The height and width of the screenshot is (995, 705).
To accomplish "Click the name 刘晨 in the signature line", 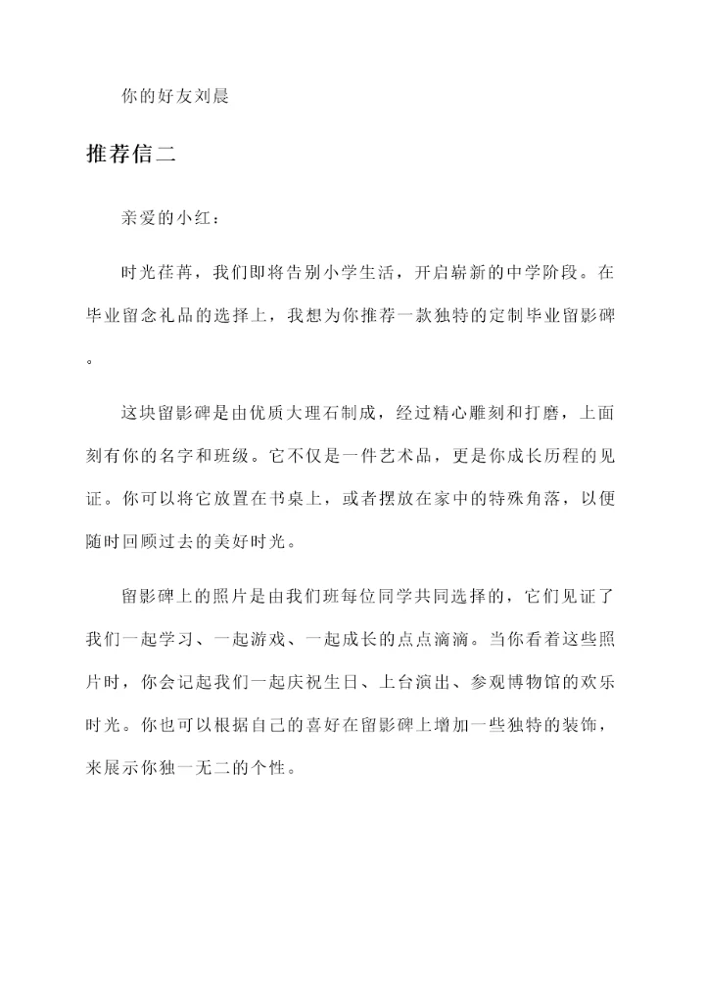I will tap(212, 98).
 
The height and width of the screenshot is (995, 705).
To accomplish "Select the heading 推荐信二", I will tap(131, 156).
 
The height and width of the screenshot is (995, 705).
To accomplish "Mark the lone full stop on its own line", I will tap(91, 360).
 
